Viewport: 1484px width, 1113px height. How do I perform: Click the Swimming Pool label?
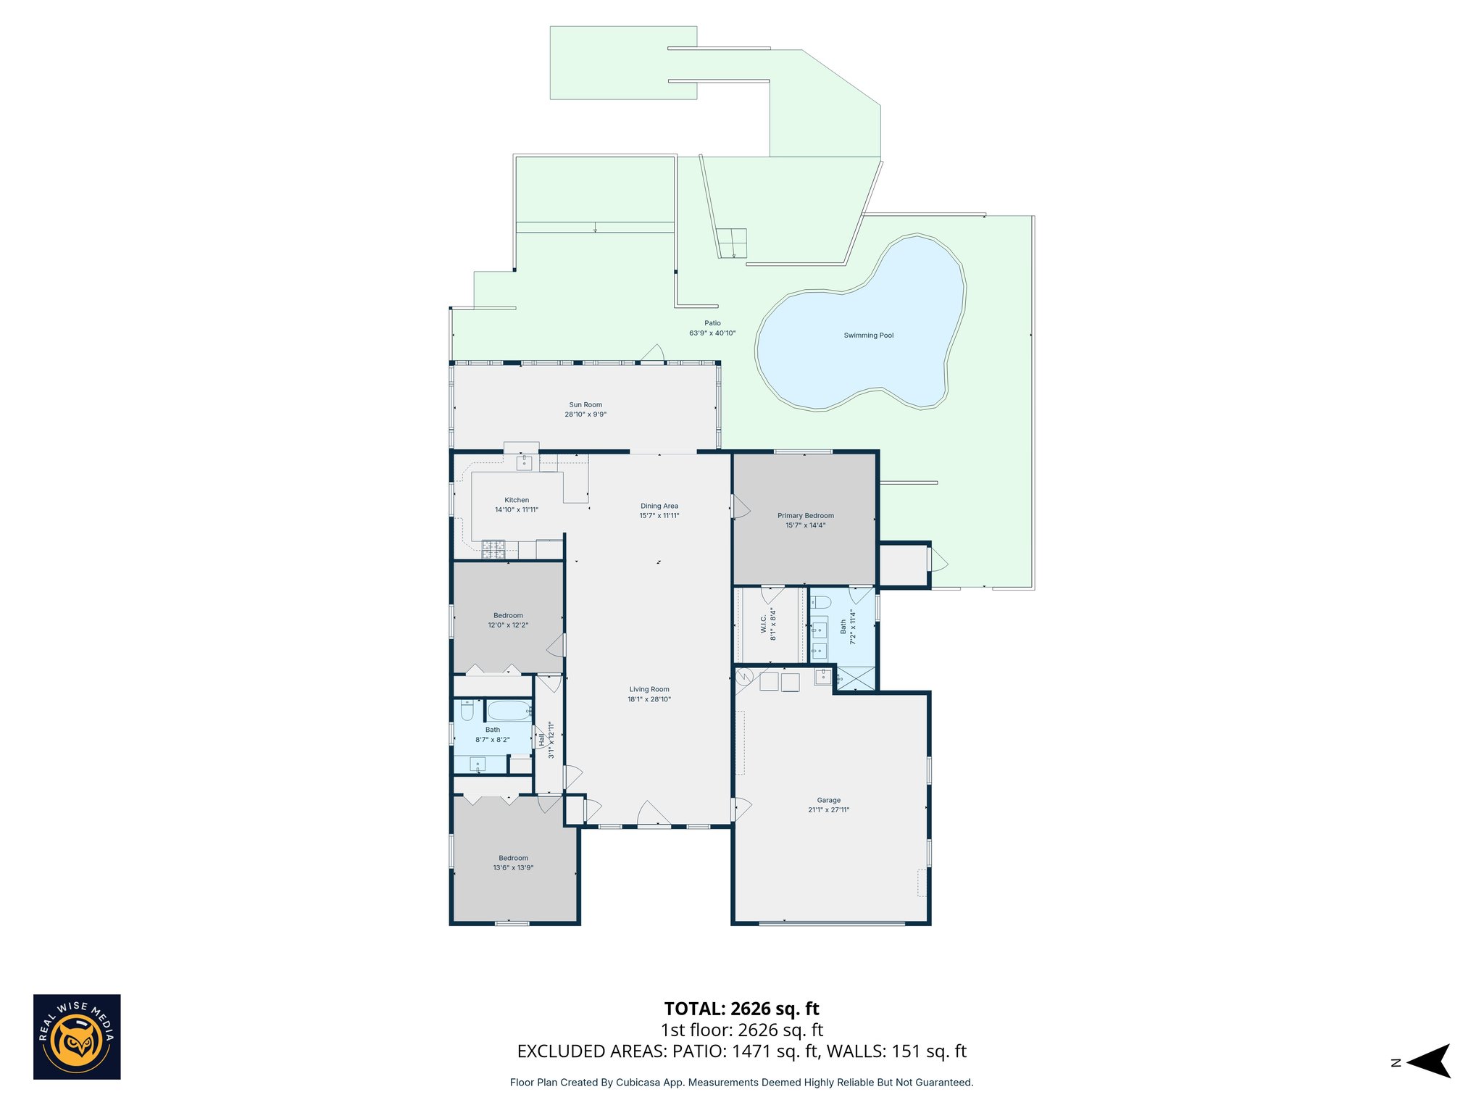868,335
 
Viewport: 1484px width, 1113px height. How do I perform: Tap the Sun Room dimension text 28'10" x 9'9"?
585,414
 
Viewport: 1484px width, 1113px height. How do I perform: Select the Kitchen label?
517,500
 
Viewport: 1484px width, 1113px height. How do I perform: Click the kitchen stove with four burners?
493,549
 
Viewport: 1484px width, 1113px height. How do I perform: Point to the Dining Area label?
659,506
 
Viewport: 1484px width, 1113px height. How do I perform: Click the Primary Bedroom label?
805,516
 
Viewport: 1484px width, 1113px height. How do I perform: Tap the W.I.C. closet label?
764,624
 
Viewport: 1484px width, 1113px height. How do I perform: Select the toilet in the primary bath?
820,602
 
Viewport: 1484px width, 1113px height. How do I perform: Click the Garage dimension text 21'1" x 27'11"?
828,810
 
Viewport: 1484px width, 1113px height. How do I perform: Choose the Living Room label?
649,689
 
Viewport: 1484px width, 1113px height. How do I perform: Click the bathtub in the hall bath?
508,710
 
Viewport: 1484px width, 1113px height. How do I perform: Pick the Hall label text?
541,740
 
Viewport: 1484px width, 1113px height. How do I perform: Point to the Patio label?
712,323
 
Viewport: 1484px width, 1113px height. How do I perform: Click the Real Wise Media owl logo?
77,1037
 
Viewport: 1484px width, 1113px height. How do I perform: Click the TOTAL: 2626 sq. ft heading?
741,1009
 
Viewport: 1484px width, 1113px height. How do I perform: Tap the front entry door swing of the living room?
654,813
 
